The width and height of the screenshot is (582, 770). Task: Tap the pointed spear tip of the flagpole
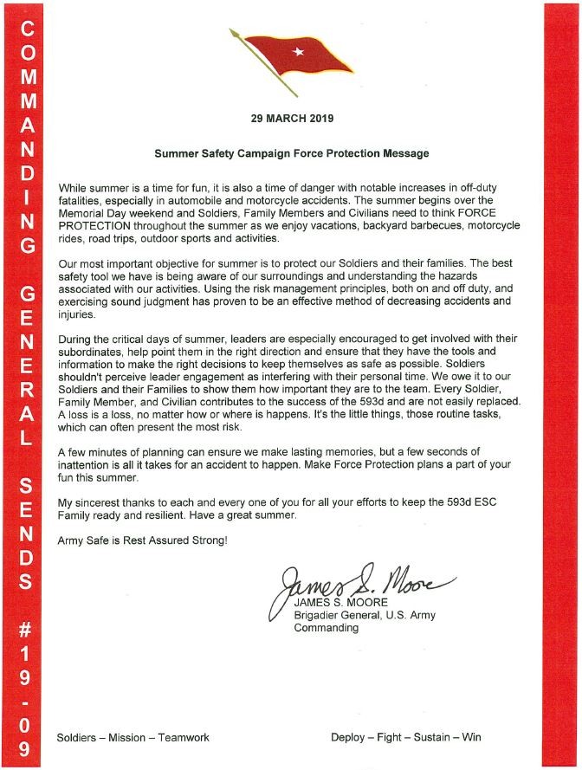pyautogui.click(x=232, y=32)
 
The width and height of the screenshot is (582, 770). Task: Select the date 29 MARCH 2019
pyautogui.click(x=290, y=118)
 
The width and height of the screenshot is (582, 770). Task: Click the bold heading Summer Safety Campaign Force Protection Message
pyautogui.click(x=291, y=153)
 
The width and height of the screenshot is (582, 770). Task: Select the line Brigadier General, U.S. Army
pyautogui.click(x=365, y=615)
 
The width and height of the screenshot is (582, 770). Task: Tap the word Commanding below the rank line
pyautogui.click(x=326, y=628)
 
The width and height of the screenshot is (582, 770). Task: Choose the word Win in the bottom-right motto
pyautogui.click(x=471, y=738)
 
